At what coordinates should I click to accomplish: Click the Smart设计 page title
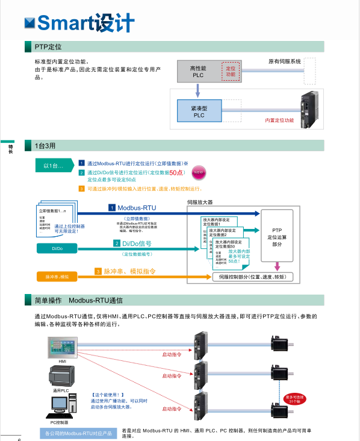point(85,22)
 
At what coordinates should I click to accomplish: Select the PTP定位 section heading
point(48,46)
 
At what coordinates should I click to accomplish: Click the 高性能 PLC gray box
point(199,72)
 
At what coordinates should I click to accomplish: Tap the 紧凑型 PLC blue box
point(199,111)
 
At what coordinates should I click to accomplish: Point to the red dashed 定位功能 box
point(230,72)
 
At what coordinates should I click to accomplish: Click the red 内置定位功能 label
point(279,120)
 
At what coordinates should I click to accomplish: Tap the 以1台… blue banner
point(53,165)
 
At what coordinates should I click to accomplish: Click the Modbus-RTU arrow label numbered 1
point(132,208)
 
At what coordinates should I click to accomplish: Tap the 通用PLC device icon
point(61,377)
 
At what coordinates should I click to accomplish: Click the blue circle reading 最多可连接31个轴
point(296,398)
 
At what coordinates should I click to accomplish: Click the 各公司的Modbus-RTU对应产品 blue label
point(79,433)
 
